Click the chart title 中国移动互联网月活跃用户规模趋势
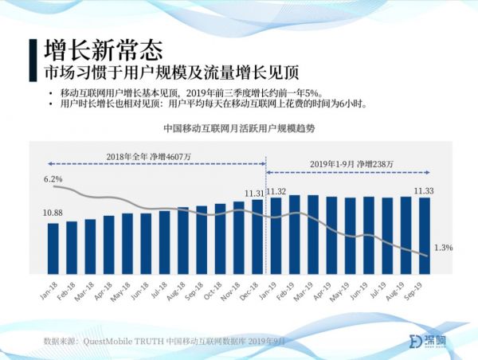point(239,127)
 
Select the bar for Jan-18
point(53,247)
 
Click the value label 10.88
point(53,213)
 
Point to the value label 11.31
point(254,192)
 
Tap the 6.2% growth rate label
point(53,180)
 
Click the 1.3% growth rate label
point(443,248)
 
